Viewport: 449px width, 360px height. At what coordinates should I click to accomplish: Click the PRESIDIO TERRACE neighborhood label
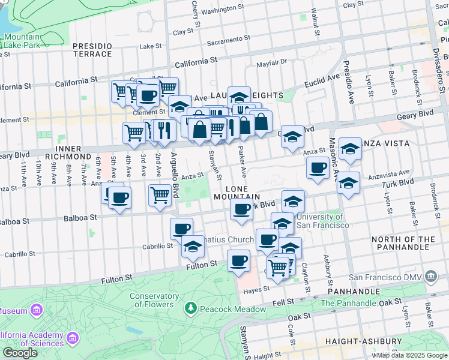click(92, 50)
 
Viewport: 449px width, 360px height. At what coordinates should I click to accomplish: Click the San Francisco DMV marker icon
click(430, 277)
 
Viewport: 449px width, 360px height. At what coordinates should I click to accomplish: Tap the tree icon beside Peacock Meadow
click(190, 308)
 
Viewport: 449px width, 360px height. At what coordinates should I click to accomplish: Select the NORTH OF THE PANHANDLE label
click(403, 243)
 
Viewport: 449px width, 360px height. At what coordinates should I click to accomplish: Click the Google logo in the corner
click(20, 353)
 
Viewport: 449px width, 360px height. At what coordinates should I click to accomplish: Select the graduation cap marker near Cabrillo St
click(193, 247)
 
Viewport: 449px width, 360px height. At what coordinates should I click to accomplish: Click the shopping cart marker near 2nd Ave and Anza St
click(159, 194)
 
